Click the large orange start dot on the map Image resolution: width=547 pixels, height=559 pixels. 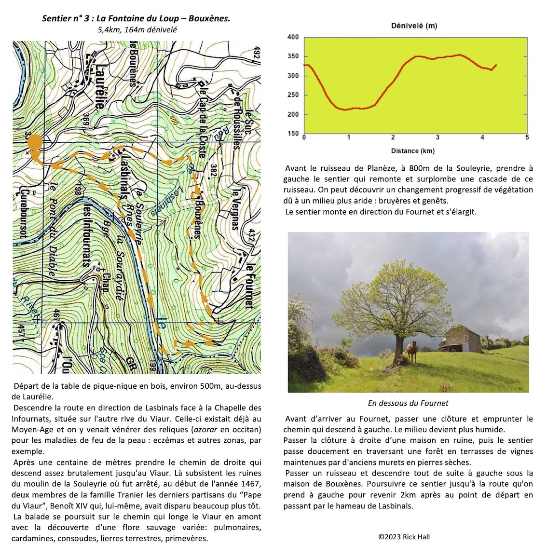click(x=35, y=143)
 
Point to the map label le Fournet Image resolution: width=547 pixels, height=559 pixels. click(x=248, y=286)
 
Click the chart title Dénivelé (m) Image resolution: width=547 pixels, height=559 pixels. click(x=414, y=26)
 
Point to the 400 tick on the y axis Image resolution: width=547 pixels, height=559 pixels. click(x=293, y=37)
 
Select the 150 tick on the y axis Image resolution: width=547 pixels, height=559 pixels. click(x=293, y=134)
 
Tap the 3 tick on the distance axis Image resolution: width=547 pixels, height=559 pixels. click(x=438, y=138)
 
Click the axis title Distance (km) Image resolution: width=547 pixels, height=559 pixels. click(x=412, y=151)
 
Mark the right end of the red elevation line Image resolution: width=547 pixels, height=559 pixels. click(x=496, y=65)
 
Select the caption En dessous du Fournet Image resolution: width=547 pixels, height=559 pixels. click(x=408, y=403)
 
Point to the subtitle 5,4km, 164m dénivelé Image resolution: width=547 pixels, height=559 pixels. click(x=137, y=29)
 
